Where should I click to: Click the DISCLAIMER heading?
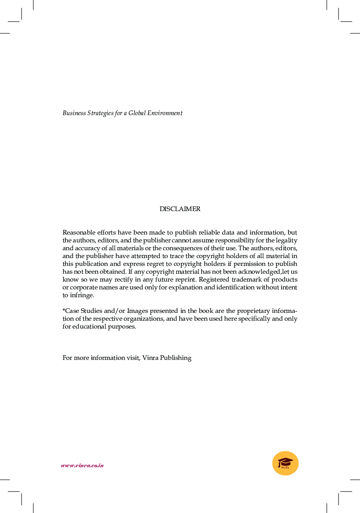pyautogui.click(x=180, y=209)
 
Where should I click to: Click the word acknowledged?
pyautogui.click(x=261, y=272)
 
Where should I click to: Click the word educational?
pyautogui.click(x=90, y=327)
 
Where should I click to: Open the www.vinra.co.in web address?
pyautogui.click(x=82, y=466)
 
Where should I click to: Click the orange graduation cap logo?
pyautogui.click(x=285, y=463)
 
